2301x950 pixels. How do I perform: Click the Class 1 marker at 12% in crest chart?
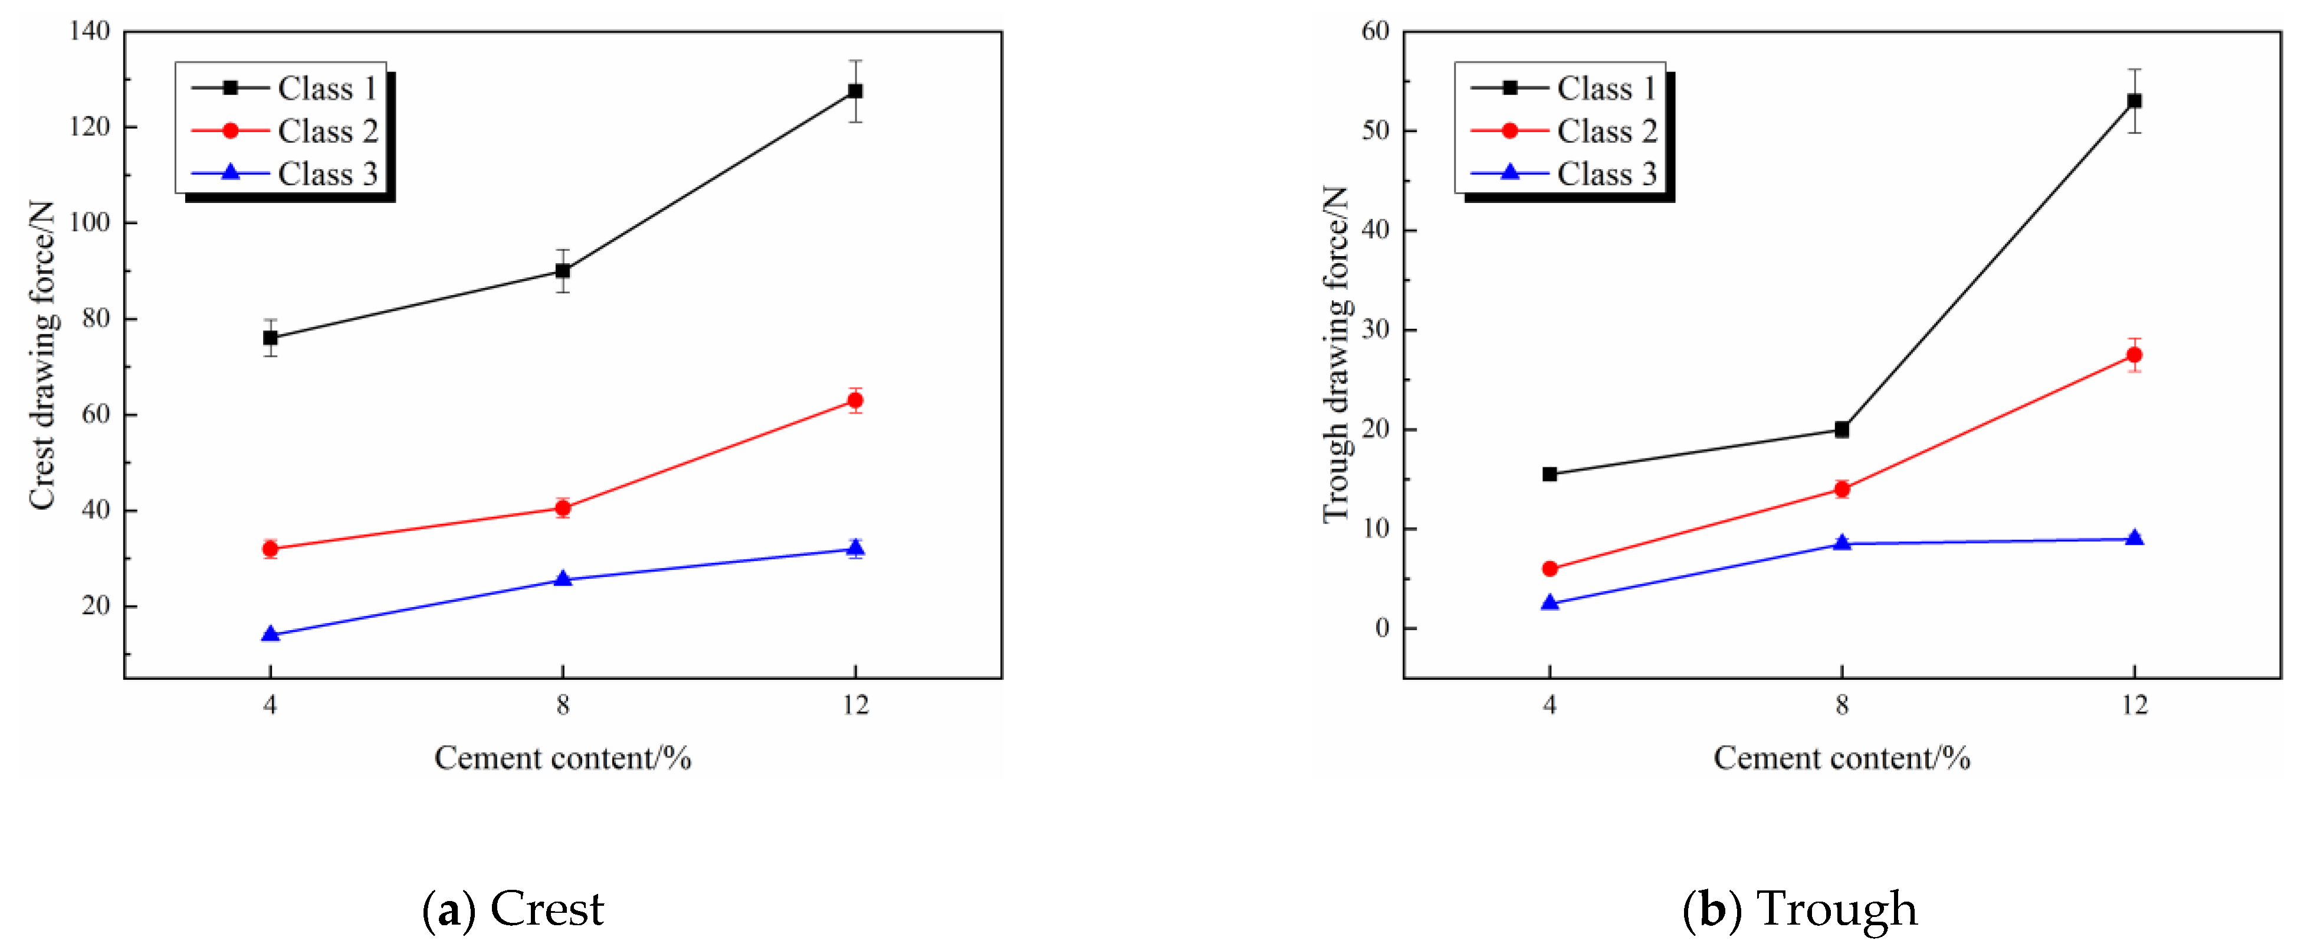(855, 91)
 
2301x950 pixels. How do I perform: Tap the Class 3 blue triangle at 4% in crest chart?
(271, 634)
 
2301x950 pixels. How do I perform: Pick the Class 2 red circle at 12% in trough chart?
(2134, 355)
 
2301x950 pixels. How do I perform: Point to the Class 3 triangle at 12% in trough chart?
(2134, 538)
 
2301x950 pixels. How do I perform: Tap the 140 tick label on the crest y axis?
(89, 31)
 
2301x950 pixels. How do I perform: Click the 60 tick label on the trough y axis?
(1376, 31)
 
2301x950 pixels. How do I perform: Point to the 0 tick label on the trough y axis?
(1382, 629)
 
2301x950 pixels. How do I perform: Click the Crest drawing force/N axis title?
(42, 355)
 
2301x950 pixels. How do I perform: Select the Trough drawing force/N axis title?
(1335, 355)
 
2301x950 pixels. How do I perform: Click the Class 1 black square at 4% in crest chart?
(271, 338)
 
